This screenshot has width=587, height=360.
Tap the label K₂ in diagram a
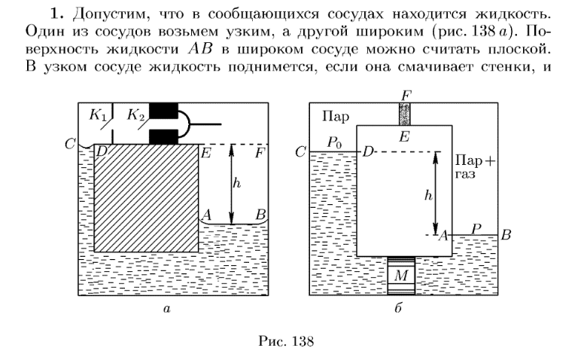click(135, 116)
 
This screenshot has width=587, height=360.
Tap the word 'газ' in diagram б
click(467, 173)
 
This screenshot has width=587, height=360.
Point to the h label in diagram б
click(429, 195)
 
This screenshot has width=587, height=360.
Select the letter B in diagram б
click(506, 235)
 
